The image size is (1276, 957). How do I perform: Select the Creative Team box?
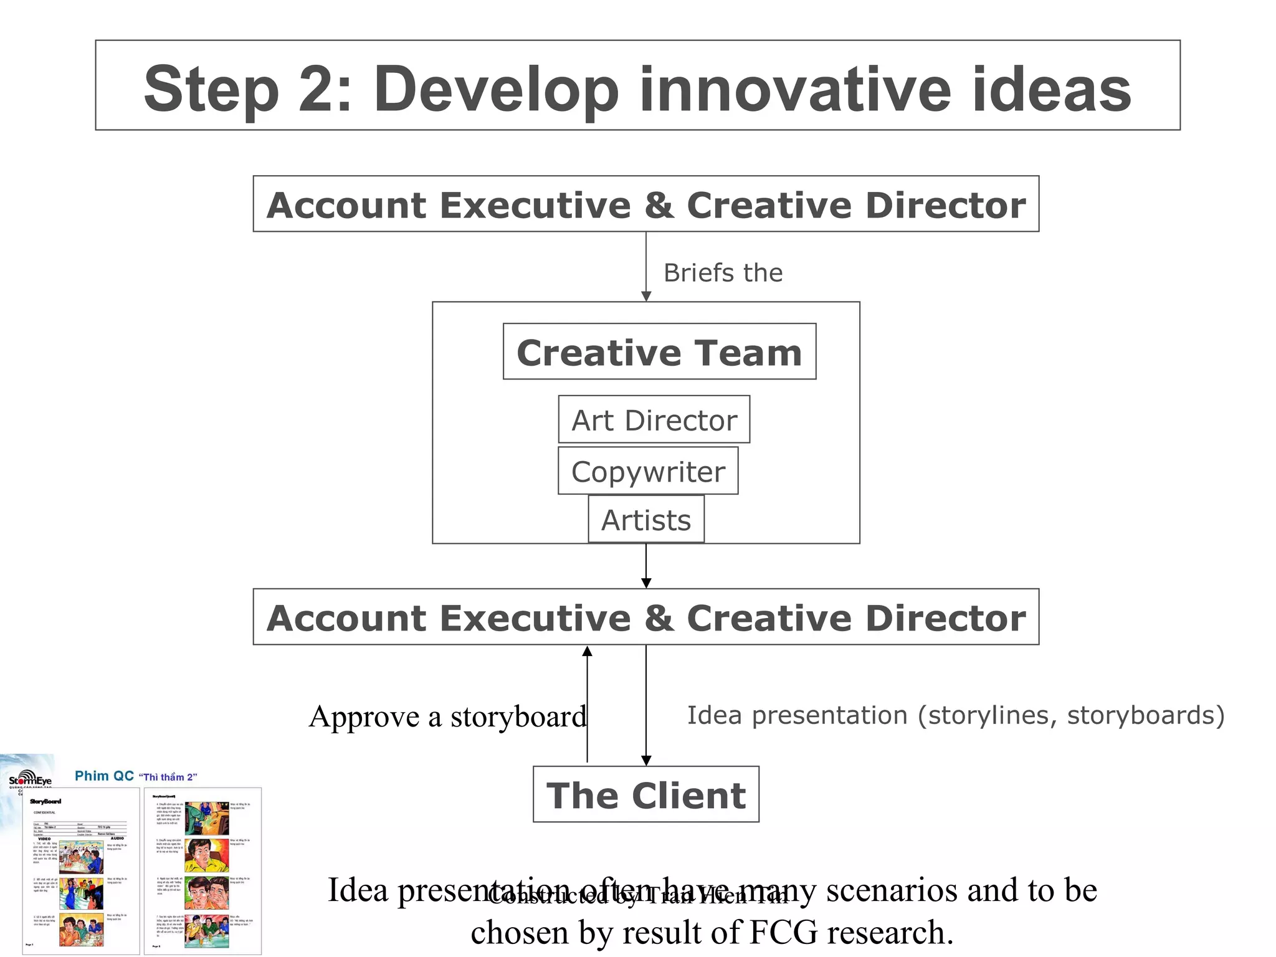point(659,352)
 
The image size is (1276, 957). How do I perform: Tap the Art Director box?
point(654,420)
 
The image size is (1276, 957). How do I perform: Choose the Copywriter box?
point(648,471)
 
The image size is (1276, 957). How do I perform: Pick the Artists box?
point(646,520)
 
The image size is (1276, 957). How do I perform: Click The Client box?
point(646,795)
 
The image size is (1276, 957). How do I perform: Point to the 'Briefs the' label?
point(723,273)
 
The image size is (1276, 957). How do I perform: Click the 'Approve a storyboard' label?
point(447,717)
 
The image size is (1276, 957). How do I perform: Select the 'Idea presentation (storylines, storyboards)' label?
point(956,715)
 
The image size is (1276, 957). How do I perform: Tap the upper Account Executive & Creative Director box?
point(646,204)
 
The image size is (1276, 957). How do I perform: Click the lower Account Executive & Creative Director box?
point(646,617)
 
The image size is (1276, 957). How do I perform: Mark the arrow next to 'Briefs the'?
point(646,268)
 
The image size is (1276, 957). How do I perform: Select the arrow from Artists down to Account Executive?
point(646,566)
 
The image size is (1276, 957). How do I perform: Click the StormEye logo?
point(30,779)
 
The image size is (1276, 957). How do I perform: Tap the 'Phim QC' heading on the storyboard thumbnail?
point(104,776)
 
